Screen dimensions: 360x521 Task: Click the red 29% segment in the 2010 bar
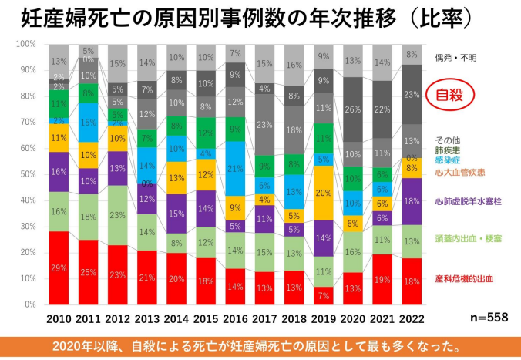(x=59, y=267)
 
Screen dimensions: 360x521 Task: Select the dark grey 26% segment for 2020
(x=353, y=109)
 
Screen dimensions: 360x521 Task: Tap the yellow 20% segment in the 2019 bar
(x=324, y=193)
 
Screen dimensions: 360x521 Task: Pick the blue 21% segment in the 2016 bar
(x=236, y=169)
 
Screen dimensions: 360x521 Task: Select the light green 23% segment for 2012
(x=119, y=214)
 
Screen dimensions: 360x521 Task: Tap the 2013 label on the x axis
(x=147, y=317)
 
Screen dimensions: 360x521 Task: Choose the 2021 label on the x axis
(x=382, y=317)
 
